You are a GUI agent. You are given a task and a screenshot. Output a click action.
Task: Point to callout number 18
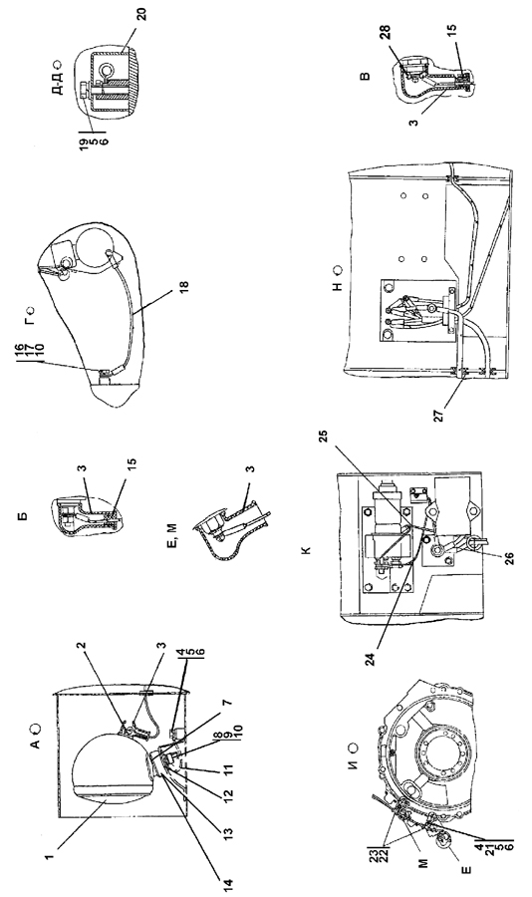tap(184, 284)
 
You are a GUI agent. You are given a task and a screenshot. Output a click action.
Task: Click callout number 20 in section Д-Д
tap(141, 13)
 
